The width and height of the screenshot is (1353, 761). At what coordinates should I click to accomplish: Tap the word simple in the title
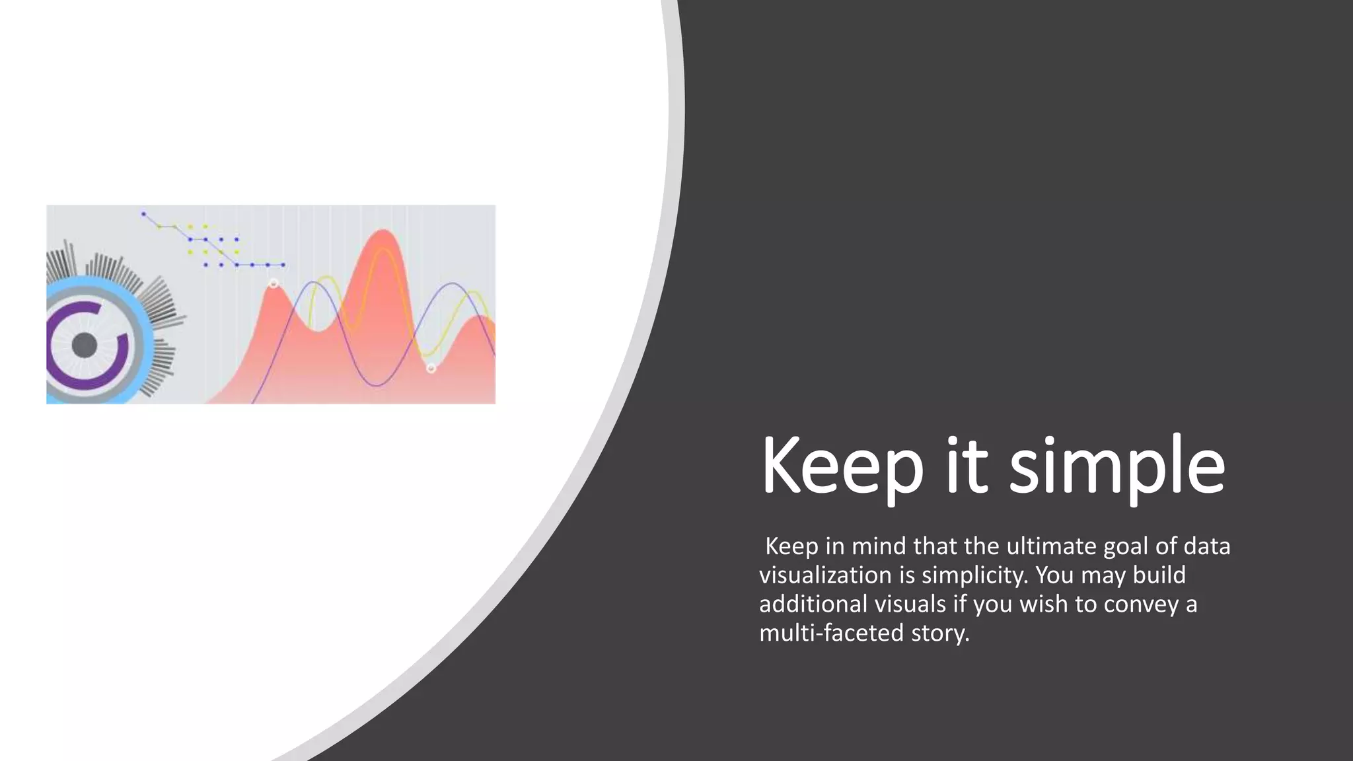[x=1117, y=466]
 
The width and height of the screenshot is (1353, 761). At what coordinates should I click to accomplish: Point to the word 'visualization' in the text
[x=825, y=575]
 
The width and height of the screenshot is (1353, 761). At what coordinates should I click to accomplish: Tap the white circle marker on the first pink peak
[x=274, y=284]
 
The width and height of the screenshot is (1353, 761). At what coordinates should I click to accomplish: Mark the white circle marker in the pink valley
[x=431, y=368]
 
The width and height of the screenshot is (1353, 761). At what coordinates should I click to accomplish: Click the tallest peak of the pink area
[x=382, y=232]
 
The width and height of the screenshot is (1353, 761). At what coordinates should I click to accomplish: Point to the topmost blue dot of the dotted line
[x=143, y=214]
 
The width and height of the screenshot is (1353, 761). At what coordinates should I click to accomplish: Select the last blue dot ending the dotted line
[x=283, y=265]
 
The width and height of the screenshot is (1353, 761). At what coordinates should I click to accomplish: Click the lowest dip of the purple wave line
[x=376, y=385]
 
